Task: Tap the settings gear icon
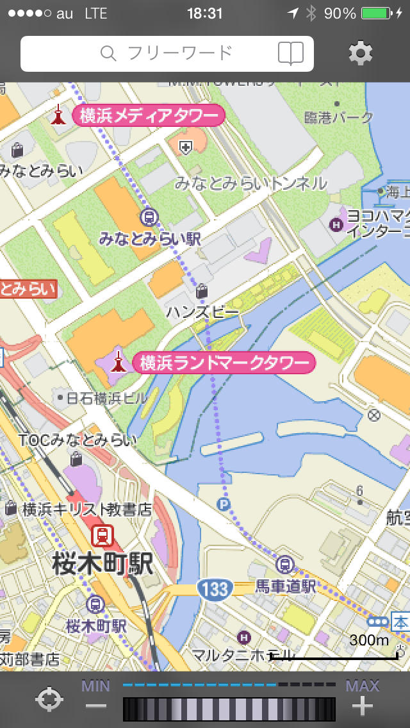[361, 53]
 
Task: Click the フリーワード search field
[167, 53]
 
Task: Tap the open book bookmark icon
[291, 53]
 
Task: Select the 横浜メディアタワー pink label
[149, 116]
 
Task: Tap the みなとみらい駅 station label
[150, 239]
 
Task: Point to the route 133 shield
[214, 588]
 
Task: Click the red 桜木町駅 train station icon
[102, 535]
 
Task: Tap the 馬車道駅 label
[286, 586]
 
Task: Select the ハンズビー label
[202, 312]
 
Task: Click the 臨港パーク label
[339, 117]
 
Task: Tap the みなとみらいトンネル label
[250, 183]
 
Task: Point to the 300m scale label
[369, 640]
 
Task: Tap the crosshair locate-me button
[49, 699]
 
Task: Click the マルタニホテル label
[243, 655]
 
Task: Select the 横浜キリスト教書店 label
[88, 509]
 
